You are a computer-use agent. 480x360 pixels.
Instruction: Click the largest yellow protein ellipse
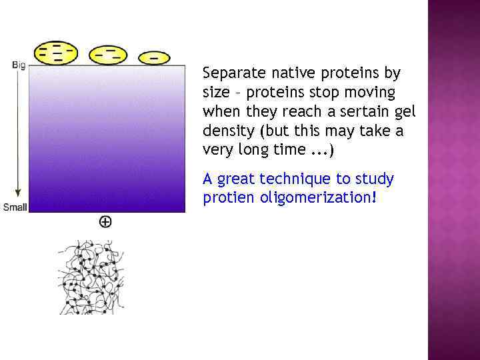coord(56,53)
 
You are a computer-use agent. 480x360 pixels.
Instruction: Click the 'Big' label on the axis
coord(19,65)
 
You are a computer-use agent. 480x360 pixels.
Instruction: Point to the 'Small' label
coord(15,207)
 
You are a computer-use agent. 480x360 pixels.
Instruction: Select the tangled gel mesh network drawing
coord(91,277)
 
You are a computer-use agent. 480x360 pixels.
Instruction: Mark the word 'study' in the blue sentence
coord(375,179)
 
